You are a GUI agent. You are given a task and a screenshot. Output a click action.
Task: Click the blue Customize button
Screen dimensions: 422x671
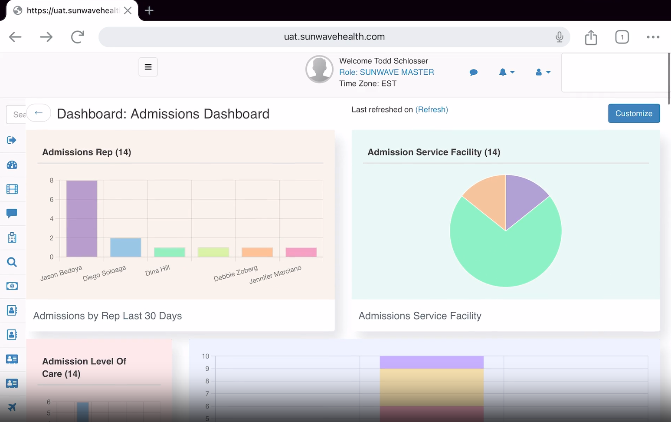pos(634,113)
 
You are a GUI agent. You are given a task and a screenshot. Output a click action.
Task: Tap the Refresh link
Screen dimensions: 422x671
pos(432,109)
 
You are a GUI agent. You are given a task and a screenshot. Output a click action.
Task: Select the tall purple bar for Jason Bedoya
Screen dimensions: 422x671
pos(82,218)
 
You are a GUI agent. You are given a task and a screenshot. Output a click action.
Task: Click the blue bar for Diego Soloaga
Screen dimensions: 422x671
pos(125,247)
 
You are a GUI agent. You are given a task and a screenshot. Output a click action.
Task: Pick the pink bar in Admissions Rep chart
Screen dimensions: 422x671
pos(301,252)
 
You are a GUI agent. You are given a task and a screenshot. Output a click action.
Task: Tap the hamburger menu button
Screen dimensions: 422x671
pos(148,67)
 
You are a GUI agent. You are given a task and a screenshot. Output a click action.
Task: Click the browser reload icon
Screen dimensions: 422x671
pos(77,37)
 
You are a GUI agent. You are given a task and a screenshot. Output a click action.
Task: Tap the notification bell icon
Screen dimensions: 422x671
pos(503,72)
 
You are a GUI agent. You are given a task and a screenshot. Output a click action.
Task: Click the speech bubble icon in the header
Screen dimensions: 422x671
pos(474,73)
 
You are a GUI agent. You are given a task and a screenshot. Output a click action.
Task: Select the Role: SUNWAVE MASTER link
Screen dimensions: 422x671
pos(386,72)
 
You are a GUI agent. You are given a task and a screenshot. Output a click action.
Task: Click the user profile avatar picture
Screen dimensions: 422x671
pos(319,69)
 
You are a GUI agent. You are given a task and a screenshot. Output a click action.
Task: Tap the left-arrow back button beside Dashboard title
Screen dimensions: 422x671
pos(39,113)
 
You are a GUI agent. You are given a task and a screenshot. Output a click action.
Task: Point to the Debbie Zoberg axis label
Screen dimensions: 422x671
pos(236,274)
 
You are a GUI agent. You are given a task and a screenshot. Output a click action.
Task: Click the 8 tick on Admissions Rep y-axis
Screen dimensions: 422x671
pos(52,180)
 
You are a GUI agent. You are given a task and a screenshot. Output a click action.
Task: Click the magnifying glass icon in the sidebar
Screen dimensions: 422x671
pos(12,262)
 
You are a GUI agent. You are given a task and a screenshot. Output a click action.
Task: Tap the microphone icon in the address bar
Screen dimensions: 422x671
pos(559,37)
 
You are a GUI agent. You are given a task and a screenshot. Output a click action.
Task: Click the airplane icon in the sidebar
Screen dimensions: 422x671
pos(12,407)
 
